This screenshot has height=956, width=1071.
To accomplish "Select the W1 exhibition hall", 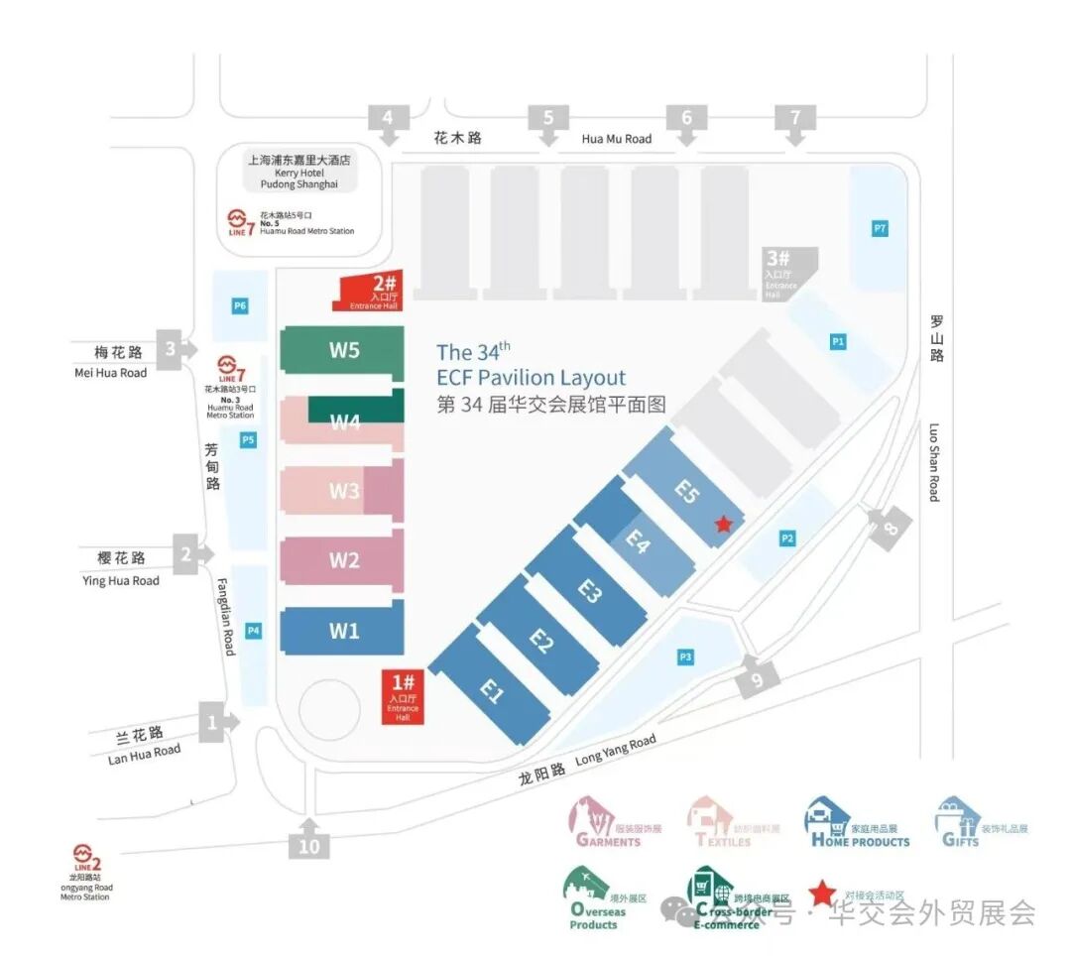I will click(x=343, y=631).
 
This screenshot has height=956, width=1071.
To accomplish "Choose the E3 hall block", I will click(x=589, y=592).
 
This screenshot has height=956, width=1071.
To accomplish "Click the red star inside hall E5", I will click(x=724, y=524).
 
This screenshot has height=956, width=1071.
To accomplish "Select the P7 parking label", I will click(x=879, y=229).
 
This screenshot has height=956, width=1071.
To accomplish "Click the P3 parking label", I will click(x=685, y=657).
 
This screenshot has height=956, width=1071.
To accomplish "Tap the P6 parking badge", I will click(x=240, y=306).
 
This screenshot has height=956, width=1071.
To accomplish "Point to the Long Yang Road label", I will click(x=615, y=751).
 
